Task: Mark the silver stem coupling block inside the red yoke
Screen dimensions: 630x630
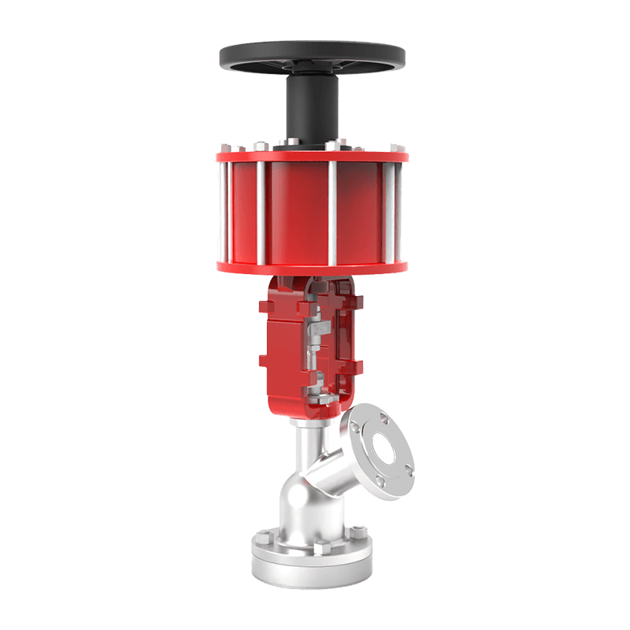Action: click(x=317, y=331)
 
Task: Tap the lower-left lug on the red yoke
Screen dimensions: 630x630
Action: click(x=263, y=361)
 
